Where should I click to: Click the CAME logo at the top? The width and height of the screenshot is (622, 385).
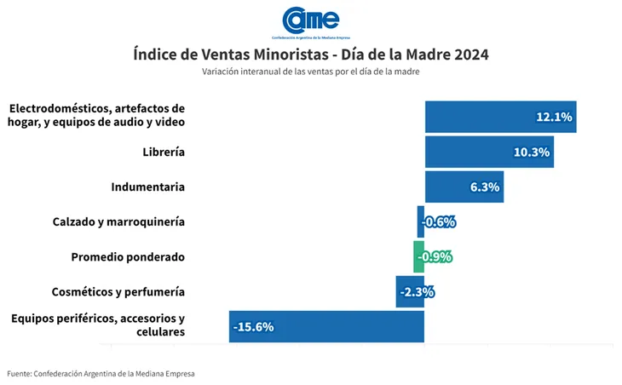pos(310,20)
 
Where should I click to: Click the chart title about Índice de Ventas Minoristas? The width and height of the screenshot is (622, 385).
pos(311,55)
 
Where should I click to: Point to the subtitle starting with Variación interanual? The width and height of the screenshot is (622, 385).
pos(311,72)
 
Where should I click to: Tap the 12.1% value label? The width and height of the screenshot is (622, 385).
pos(554,117)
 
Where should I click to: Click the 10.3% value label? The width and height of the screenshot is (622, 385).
pos(532,152)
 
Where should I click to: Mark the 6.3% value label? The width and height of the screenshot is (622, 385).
pos(483,187)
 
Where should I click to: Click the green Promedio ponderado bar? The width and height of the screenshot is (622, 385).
pos(418,256)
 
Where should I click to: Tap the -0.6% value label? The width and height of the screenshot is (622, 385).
pos(440,222)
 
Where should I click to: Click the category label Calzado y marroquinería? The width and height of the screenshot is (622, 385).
pos(118,221)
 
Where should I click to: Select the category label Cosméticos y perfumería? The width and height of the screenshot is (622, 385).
pos(118,291)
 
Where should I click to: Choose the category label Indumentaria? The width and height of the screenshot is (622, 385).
pos(148,187)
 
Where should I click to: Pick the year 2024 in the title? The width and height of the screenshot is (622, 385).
pos(471,55)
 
